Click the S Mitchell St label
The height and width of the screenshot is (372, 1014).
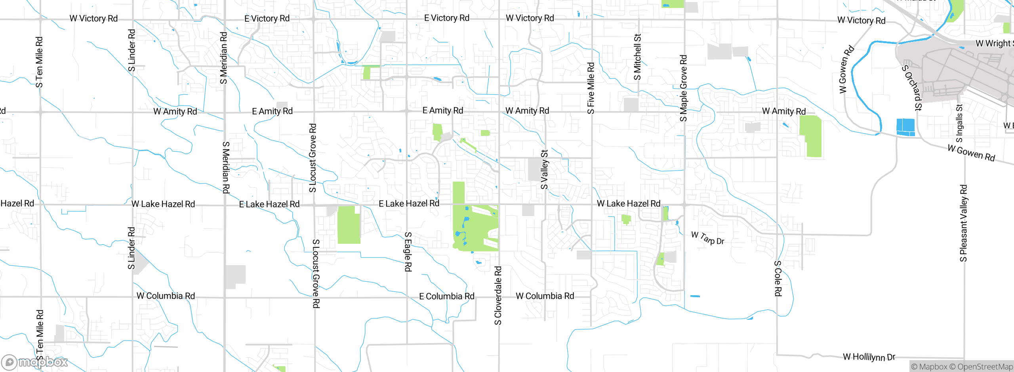[637, 57]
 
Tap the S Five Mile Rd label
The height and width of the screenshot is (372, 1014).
[591, 88]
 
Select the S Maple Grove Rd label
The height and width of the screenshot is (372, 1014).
[683, 88]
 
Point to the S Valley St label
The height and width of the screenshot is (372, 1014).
[545, 170]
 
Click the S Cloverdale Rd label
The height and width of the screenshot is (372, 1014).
[498, 296]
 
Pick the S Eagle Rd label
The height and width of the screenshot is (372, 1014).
[408, 252]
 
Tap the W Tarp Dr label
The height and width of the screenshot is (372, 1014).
[707, 238]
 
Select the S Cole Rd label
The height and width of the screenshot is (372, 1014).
[778, 278]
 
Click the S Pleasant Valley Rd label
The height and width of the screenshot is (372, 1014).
[963, 223]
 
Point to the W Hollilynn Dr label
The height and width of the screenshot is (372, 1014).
[869, 357]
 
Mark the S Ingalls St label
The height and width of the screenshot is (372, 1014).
[959, 123]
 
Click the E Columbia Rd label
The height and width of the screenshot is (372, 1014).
[446, 296]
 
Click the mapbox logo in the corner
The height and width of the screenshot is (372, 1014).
[34, 362]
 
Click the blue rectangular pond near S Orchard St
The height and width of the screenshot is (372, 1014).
[905, 127]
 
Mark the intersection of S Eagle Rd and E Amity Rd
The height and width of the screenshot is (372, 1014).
[407, 112]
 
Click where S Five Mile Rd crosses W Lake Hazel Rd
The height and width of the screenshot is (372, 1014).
[592, 205]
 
